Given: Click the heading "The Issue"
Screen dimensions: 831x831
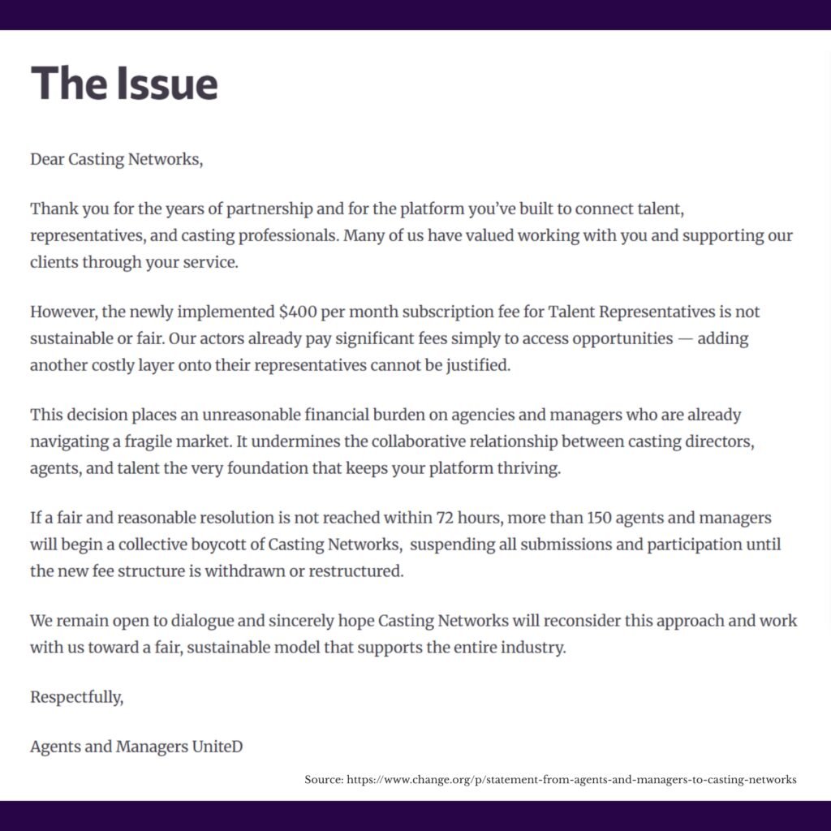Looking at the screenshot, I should click(124, 84).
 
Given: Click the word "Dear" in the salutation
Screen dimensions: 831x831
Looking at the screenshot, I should click(47, 159).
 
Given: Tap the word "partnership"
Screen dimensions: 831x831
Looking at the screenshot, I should click(268, 209).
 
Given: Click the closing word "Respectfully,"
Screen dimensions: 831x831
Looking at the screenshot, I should click(77, 697).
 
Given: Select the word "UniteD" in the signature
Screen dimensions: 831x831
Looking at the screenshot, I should click(217, 747).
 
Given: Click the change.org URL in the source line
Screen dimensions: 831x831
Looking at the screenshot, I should click(571, 780).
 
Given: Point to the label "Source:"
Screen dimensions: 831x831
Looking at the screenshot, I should click(324, 780).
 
